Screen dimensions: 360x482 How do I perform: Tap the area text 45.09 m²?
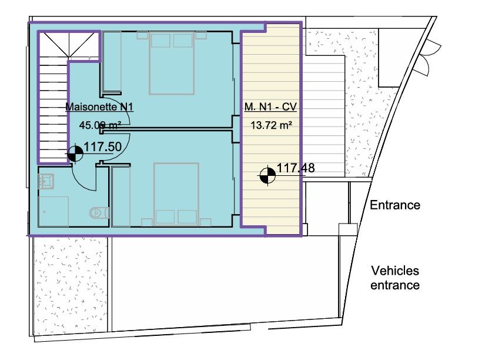click(x=101, y=125)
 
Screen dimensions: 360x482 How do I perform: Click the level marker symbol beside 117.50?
click(x=74, y=154)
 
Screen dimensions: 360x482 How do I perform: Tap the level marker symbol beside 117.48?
click(x=267, y=175)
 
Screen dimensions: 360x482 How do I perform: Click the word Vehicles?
click(x=394, y=271)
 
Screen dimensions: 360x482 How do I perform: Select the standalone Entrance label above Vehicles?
click(x=394, y=205)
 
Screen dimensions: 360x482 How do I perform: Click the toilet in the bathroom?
click(x=98, y=211)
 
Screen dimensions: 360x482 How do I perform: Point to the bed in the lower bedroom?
click(x=176, y=195)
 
